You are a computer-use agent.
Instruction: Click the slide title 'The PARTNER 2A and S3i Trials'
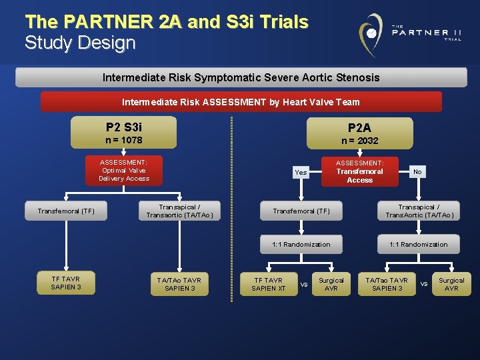pos(167,22)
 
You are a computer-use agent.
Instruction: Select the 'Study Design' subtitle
pos(80,43)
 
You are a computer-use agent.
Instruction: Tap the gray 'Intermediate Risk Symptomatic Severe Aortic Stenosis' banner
pos(241,77)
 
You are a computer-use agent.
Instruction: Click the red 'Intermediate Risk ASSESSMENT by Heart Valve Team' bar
pos(241,102)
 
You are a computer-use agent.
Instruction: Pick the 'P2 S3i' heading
pos(124,127)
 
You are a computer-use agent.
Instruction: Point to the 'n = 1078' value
pos(124,141)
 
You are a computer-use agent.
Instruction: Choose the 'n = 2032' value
pos(359,141)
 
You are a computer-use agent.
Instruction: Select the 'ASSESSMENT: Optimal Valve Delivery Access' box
pos(124,170)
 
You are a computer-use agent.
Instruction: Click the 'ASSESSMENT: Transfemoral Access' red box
pos(359,171)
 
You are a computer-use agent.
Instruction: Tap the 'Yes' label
pos(301,172)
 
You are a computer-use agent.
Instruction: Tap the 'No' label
pos(417,171)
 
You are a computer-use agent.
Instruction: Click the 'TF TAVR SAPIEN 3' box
pos(65,283)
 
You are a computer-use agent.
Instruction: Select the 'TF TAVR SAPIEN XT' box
pos(269,284)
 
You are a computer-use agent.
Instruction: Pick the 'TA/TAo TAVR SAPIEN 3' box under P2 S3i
pos(179,284)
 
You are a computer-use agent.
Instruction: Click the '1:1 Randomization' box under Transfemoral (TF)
pos(301,244)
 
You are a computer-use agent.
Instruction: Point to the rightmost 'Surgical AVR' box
pos(451,284)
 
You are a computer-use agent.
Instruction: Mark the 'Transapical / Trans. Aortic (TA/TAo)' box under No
pos(419,211)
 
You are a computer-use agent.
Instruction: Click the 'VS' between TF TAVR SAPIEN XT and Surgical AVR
pos(303,285)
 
